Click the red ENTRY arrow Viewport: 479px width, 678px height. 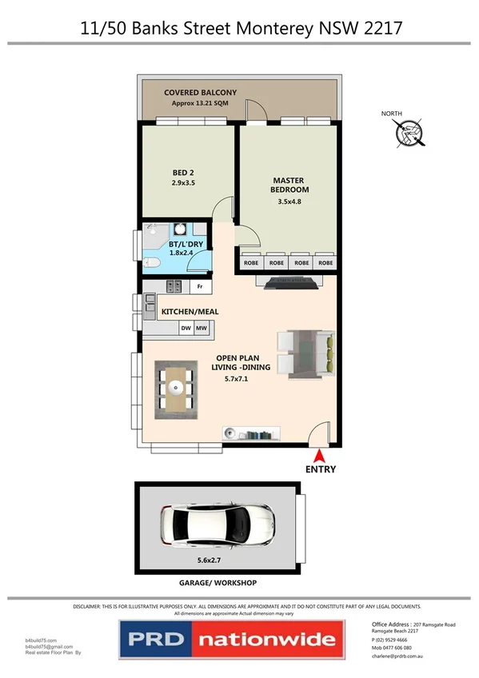(320, 455)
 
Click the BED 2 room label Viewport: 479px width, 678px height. (183, 177)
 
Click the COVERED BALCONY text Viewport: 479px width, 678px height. (201, 94)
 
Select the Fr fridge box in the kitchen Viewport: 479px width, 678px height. (200, 286)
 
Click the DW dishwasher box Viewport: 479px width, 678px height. (186, 327)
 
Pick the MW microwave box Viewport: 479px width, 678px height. (202, 327)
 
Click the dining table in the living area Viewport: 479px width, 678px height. (174, 389)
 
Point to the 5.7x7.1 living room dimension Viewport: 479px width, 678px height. (241, 379)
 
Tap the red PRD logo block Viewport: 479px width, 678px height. (154, 639)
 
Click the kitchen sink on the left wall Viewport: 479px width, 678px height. (150, 303)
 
